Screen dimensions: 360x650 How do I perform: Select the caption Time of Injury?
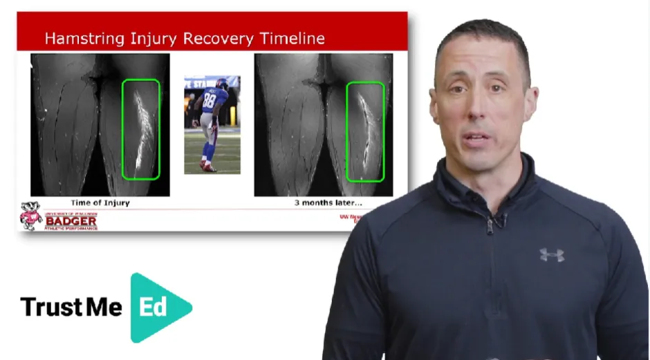click(100, 203)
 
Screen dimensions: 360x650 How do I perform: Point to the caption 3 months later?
click(328, 203)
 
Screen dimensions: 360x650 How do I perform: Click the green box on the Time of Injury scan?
click(140, 129)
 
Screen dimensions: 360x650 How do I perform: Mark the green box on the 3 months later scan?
click(364, 131)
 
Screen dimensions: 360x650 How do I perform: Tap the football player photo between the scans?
click(212, 124)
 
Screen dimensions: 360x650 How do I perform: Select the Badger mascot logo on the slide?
click(30, 216)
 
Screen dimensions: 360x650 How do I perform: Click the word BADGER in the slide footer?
click(71, 220)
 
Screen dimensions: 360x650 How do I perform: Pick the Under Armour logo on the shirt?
click(551, 254)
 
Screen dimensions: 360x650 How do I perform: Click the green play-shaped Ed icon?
click(158, 307)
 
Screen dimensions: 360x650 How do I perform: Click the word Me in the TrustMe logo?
click(104, 307)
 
